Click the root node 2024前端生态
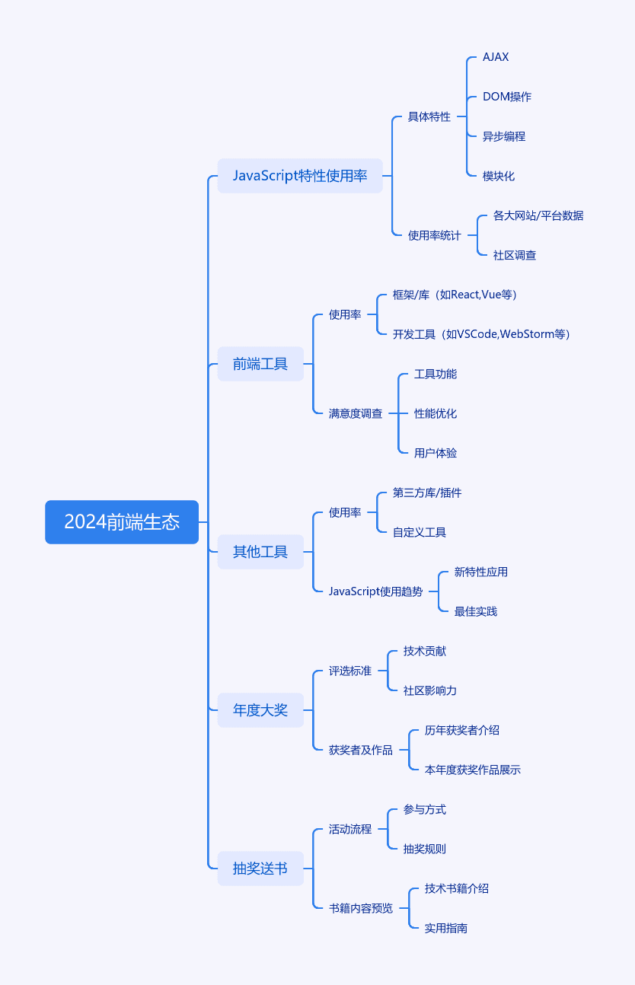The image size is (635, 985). (122, 522)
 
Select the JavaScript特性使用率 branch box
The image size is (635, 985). (300, 176)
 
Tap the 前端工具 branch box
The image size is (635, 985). (260, 364)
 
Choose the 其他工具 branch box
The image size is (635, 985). (260, 551)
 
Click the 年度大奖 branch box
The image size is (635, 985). (260, 709)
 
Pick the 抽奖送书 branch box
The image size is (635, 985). (260, 868)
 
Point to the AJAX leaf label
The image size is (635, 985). (496, 57)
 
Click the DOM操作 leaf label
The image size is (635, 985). (507, 97)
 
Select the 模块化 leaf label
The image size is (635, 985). (499, 176)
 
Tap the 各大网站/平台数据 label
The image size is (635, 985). (538, 215)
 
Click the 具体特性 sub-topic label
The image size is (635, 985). (429, 116)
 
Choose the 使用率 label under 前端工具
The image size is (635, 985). (345, 314)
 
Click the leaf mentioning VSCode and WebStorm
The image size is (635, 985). (481, 334)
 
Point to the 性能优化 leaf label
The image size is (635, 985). (436, 413)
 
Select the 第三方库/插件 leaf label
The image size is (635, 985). (427, 492)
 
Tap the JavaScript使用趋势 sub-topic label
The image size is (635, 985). (375, 591)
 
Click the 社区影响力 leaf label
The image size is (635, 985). (430, 690)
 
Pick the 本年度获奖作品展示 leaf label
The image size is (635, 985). (473, 770)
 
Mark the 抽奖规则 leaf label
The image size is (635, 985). (425, 849)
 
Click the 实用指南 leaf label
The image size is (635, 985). (446, 928)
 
